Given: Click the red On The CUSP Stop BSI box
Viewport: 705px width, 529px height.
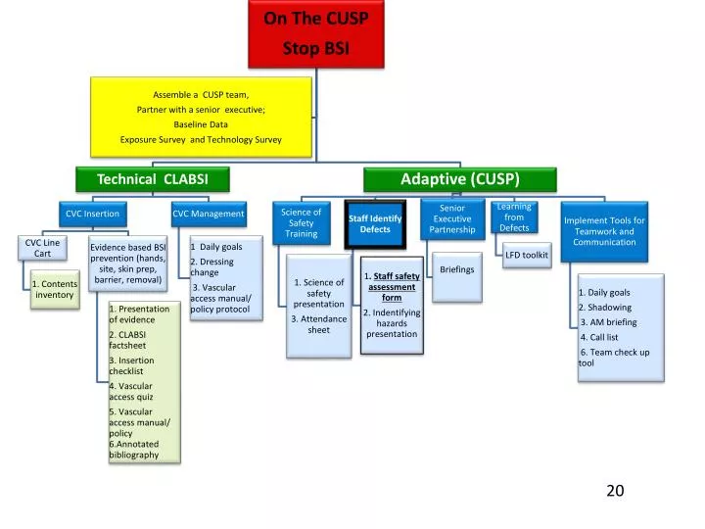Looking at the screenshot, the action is (x=316, y=34).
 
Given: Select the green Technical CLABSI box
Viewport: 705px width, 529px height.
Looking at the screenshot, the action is (x=153, y=179).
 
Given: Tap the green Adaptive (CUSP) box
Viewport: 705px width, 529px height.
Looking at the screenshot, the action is (x=460, y=179).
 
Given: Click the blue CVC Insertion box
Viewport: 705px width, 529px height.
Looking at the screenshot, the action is (x=93, y=214).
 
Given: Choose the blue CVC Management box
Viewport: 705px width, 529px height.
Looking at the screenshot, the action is (x=209, y=214).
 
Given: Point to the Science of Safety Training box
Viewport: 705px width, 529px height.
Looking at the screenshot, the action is (x=302, y=223).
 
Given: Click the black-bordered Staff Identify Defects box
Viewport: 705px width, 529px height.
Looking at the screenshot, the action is (x=375, y=224).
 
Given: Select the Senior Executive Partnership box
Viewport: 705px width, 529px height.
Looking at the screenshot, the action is (x=452, y=219).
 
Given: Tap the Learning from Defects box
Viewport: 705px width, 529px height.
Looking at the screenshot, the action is (x=514, y=217).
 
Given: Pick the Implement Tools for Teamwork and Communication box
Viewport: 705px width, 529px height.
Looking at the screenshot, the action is (x=604, y=231).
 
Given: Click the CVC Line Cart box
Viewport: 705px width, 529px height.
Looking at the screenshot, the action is (x=43, y=248).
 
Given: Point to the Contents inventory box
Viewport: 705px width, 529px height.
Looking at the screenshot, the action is (x=55, y=289).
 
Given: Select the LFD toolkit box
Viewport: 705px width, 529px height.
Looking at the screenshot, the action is (x=527, y=255).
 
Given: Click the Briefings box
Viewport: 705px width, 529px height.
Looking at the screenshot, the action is (x=457, y=276).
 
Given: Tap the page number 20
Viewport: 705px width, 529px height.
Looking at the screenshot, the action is (x=615, y=491).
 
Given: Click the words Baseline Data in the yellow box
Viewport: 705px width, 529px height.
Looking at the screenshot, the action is (x=201, y=124).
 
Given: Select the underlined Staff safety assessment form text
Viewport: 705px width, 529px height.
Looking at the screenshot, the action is (x=394, y=287).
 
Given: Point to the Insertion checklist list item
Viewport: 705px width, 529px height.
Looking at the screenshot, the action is (x=132, y=365).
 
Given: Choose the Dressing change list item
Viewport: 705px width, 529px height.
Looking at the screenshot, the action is (x=211, y=266).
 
